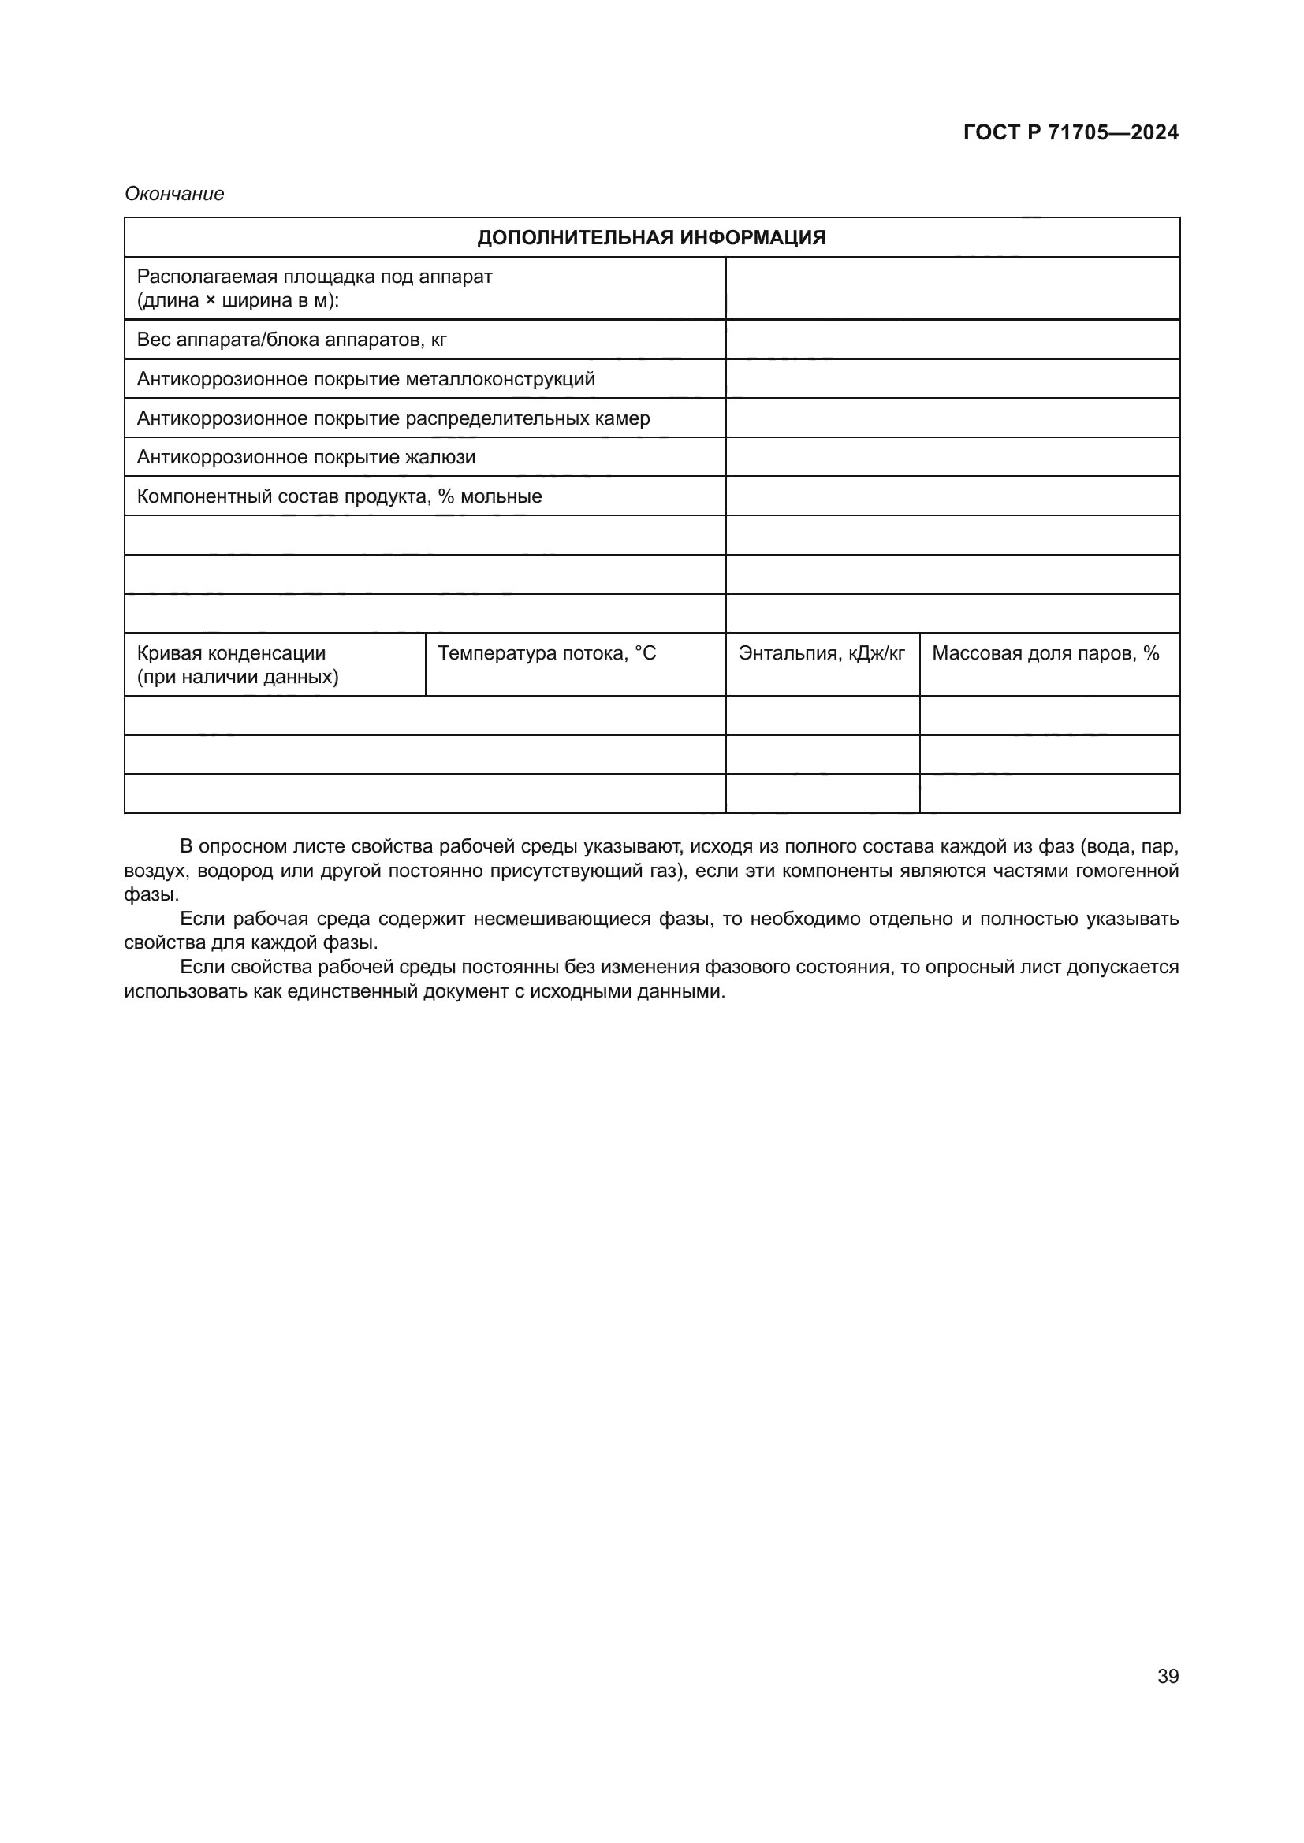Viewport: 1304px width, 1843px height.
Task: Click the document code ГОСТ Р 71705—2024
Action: pyautogui.click(x=1071, y=132)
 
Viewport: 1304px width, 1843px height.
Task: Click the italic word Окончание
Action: pyautogui.click(x=174, y=195)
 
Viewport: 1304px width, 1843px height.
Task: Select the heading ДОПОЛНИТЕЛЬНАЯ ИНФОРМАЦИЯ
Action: pyautogui.click(x=651, y=238)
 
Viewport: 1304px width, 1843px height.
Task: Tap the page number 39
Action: pyautogui.click(x=1168, y=1677)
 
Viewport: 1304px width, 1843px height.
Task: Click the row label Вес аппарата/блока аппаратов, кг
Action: pyautogui.click(x=292, y=340)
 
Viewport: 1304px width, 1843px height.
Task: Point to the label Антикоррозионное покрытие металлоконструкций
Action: pyautogui.click(x=366, y=379)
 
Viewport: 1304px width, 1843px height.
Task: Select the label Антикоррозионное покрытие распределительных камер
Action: pyautogui.click(x=393, y=418)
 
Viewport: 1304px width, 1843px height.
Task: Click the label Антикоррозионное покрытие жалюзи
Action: pyautogui.click(x=306, y=458)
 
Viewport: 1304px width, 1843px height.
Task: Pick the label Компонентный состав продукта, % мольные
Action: pyautogui.click(x=339, y=497)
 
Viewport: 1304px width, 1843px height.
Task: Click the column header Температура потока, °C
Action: pyautogui.click(x=547, y=653)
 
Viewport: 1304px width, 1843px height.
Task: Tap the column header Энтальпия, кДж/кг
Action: pyautogui.click(x=822, y=653)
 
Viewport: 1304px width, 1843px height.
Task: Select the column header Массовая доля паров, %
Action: pyautogui.click(x=1045, y=653)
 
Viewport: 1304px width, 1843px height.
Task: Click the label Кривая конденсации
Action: pyautogui.click(x=231, y=653)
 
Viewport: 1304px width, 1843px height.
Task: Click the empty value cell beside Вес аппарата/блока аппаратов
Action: pyautogui.click(x=952, y=340)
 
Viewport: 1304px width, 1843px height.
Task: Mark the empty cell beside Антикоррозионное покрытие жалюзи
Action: pyautogui.click(x=952, y=458)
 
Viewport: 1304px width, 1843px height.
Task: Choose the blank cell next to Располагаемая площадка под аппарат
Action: pyautogui.click(x=952, y=288)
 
